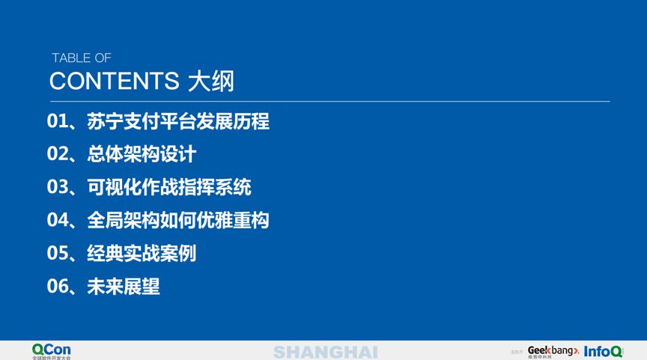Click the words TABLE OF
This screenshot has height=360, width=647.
[x=81, y=58]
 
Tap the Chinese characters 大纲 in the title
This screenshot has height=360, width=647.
[x=211, y=81]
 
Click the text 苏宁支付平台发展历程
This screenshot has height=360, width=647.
[x=178, y=121]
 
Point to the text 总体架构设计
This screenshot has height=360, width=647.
[x=142, y=154]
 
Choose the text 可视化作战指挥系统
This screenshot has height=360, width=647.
[x=169, y=187]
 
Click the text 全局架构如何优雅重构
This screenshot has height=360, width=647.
[x=178, y=220]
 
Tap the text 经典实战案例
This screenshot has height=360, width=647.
[x=142, y=253]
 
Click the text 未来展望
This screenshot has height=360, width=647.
[x=124, y=286]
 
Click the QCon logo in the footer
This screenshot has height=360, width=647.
[x=52, y=350]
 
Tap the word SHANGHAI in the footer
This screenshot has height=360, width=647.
[x=325, y=352]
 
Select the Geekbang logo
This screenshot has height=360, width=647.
[x=553, y=350]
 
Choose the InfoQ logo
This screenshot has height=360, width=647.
[x=603, y=350]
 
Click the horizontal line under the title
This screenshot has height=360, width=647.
[x=329, y=101]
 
